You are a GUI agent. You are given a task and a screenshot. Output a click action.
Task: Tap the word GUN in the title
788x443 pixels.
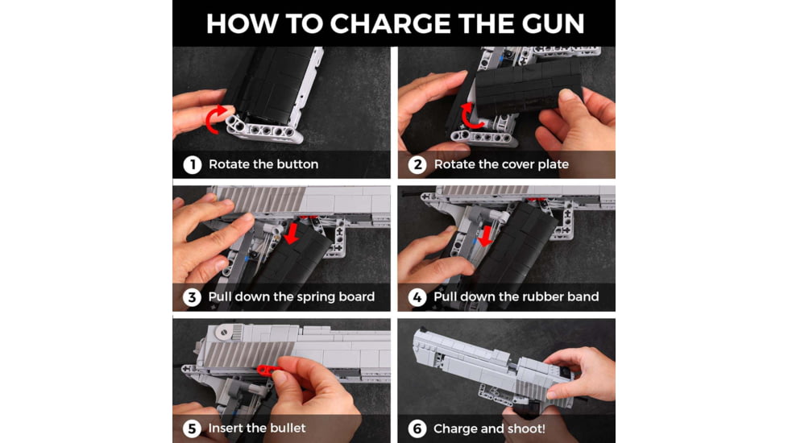(552, 23)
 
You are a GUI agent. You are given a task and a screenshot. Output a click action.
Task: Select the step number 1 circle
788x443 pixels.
(192, 165)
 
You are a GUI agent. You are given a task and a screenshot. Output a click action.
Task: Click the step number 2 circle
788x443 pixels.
(417, 165)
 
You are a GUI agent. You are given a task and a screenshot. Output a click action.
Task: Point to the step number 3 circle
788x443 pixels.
(192, 297)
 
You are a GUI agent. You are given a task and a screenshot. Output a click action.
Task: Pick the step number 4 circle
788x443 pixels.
(417, 297)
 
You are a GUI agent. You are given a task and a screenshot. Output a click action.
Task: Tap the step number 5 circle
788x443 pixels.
(192, 429)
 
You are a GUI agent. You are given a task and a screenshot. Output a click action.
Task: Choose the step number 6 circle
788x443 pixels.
(417, 429)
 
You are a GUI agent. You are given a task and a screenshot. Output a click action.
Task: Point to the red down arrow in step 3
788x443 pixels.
(291, 234)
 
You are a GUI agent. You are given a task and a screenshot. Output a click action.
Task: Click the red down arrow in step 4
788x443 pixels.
(485, 236)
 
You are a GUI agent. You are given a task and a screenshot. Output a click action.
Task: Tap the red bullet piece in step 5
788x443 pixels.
(269, 371)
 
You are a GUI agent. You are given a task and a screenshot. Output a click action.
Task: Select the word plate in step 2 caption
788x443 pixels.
(551, 165)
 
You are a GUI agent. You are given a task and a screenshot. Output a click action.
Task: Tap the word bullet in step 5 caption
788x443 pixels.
(285, 428)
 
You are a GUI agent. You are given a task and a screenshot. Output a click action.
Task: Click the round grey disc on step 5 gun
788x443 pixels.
(223, 331)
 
